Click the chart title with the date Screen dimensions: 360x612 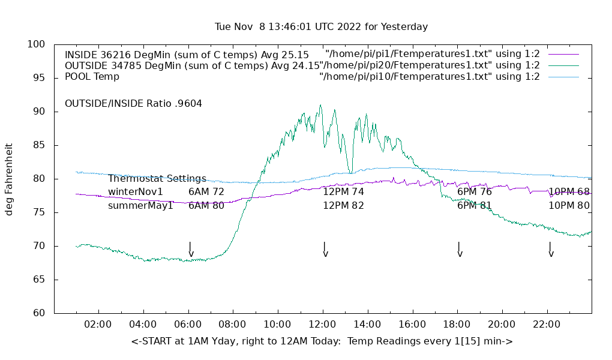pyautogui.click(x=321, y=27)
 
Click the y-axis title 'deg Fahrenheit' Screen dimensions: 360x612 pyautogui.click(x=9, y=179)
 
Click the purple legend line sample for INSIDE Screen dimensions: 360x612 pyautogui.click(x=563, y=55)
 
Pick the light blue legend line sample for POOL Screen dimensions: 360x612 pyautogui.click(x=563, y=77)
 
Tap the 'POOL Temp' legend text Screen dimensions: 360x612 pyautogui.click(x=92, y=77)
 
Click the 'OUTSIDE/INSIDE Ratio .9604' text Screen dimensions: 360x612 pyautogui.click(x=133, y=104)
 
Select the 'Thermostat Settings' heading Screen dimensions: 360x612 pyautogui.click(x=157, y=179)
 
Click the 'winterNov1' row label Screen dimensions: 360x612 pyautogui.click(x=136, y=192)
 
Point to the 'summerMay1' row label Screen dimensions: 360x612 pyautogui.click(x=140, y=206)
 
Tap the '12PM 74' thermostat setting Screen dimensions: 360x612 pyautogui.click(x=343, y=192)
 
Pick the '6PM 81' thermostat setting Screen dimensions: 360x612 pyautogui.click(x=474, y=206)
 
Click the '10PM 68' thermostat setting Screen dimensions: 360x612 pyautogui.click(x=569, y=192)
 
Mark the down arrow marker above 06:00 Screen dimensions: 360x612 pyautogui.click(x=191, y=250)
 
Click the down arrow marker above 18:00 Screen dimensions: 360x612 pyautogui.click(x=460, y=250)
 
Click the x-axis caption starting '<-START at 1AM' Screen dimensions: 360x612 pyautogui.click(x=322, y=341)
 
